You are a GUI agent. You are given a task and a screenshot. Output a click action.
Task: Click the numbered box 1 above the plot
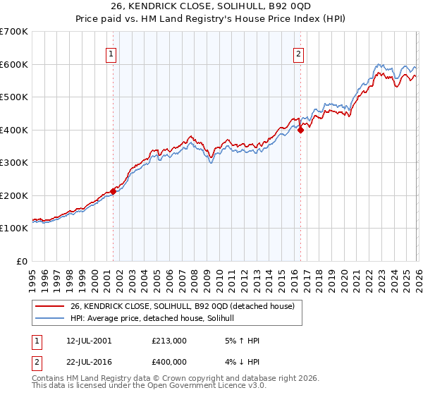click(112, 53)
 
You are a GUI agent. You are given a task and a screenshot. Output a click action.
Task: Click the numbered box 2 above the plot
click(299, 53)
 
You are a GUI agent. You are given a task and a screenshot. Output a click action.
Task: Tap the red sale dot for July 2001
click(113, 191)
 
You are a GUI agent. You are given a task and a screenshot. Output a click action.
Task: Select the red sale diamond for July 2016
click(300, 130)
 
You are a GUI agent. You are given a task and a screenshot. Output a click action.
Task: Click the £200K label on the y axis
click(16, 195)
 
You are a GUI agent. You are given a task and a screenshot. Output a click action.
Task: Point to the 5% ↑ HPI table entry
click(242, 341)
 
